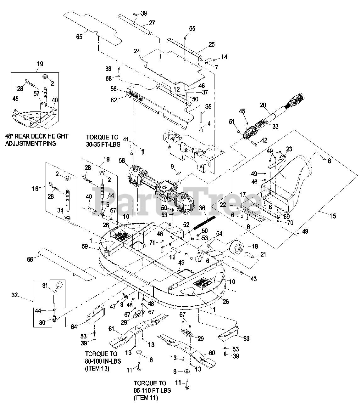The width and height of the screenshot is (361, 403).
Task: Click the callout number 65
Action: (x=79, y=37)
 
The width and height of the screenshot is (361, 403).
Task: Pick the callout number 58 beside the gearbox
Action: (x=121, y=161)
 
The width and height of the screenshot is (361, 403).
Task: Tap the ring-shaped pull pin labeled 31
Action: (x=57, y=287)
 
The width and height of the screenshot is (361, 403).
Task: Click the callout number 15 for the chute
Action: (x=333, y=216)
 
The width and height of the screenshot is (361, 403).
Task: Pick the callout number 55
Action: (x=192, y=29)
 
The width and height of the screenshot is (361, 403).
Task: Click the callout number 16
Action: (x=35, y=189)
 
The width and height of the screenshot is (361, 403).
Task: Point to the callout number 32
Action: (x=15, y=296)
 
